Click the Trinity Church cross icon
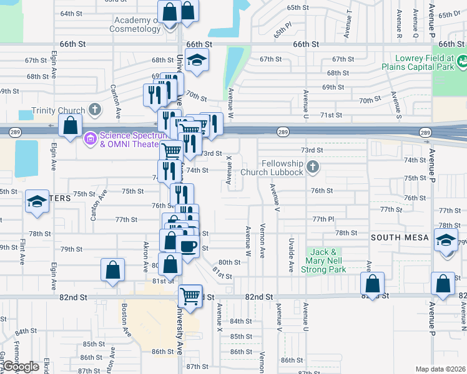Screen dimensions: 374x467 tap(95, 110)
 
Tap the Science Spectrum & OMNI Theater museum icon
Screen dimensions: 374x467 tap(90, 137)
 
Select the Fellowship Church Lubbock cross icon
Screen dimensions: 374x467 tap(313, 167)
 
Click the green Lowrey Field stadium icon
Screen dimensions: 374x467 tap(463, 62)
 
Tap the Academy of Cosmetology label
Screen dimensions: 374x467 tap(137, 24)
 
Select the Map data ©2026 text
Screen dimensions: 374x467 tap(440, 369)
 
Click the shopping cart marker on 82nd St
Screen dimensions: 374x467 tap(190, 294)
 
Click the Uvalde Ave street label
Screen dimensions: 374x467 tap(291, 254)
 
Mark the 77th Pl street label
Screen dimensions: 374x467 tap(324, 219)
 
